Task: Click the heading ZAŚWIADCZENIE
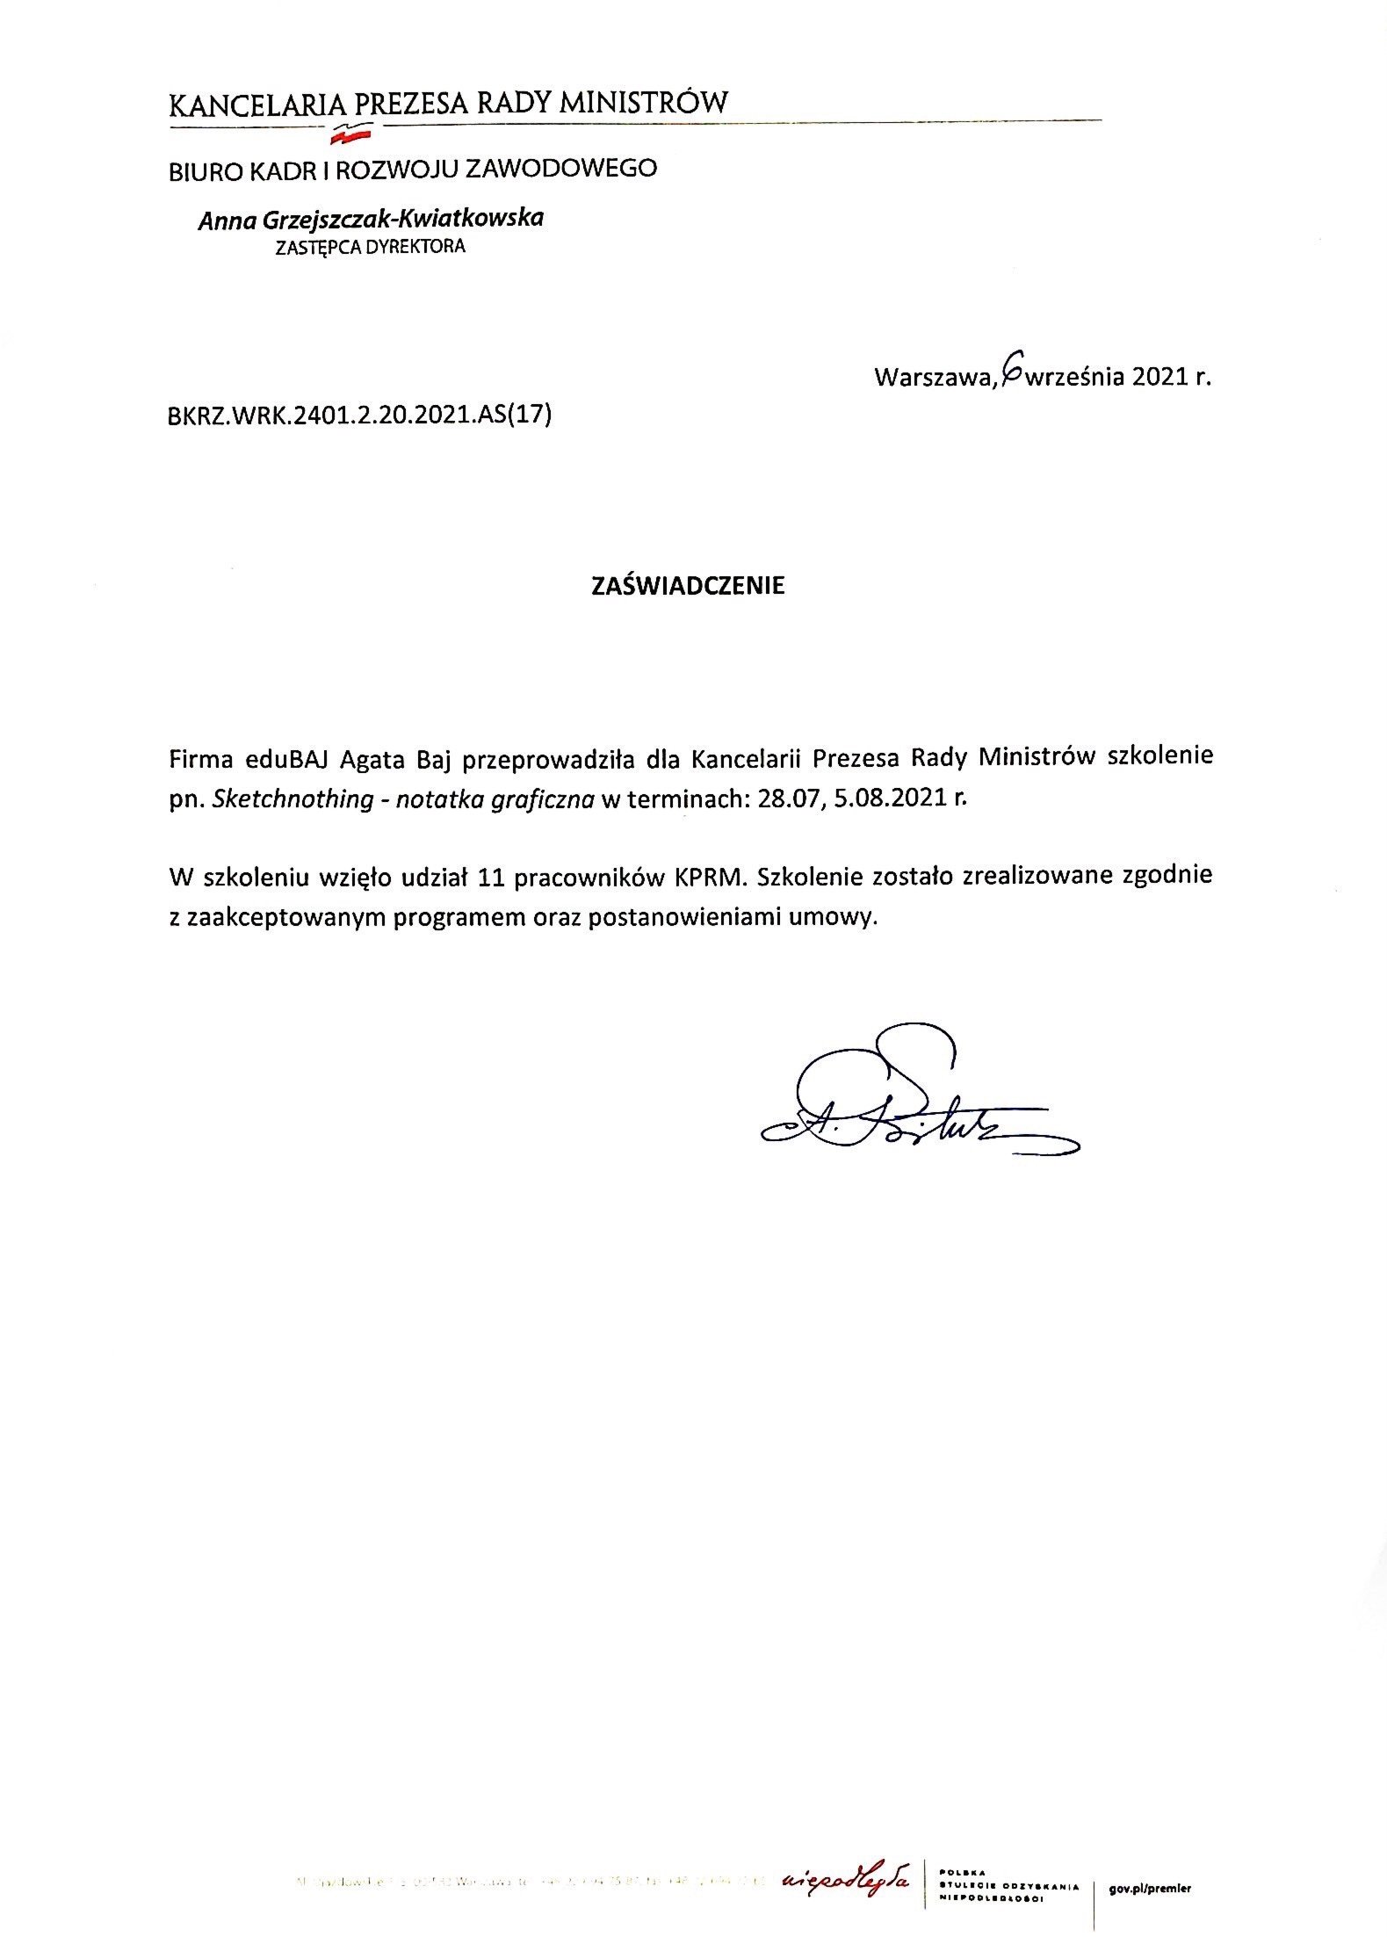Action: [687, 586]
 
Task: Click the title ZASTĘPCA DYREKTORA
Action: [370, 247]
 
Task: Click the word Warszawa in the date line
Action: [934, 379]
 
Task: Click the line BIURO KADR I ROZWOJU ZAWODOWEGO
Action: [413, 169]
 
